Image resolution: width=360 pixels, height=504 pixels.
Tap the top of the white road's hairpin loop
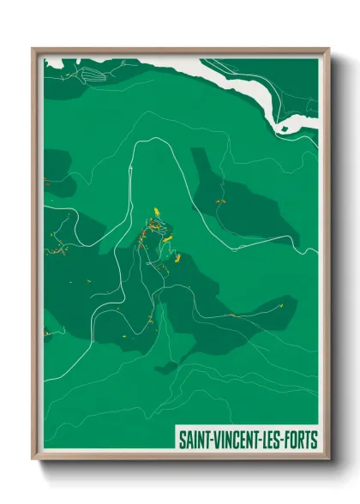pos(153,139)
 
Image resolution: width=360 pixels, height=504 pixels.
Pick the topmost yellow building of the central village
pos(157,210)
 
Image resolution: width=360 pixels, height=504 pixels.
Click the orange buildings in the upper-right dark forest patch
pos(219,199)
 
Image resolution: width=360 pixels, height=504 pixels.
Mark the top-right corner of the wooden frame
pos(328,48)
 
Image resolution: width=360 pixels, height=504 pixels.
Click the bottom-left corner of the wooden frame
pos(32,459)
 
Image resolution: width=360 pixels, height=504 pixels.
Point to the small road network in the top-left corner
pos(81,75)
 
